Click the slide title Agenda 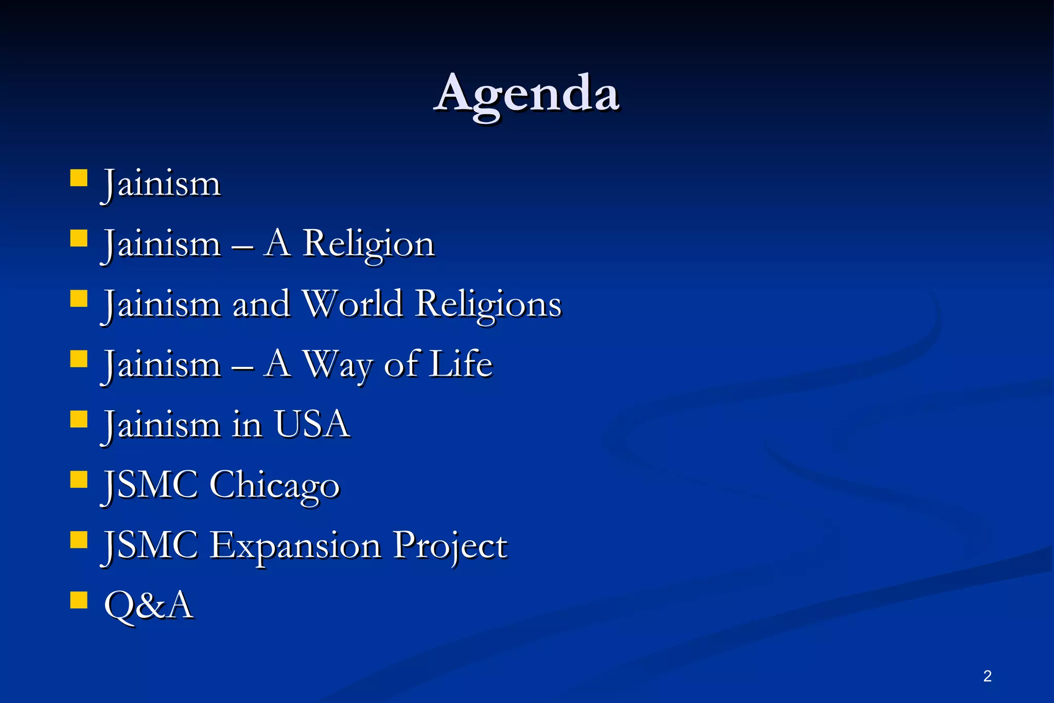(x=526, y=94)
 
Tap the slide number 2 (x=987, y=676)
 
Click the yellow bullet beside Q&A (x=79, y=600)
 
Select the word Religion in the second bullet (x=368, y=244)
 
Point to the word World (x=352, y=304)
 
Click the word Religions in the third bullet (x=488, y=304)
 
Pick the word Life (x=461, y=364)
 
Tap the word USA (x=312, y=425)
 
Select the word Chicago (x=274, y=485)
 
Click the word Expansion (x=295, y=546)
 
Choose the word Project (x=450, y=546)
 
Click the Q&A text (x=149, y=605)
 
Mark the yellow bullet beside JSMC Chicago (x=79, y=479)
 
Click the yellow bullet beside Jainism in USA (x=79, y=419)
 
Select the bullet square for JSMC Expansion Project (x=79, y=539)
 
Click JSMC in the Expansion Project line (x=151, y=546)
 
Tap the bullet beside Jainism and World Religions (x=79, y=298)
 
